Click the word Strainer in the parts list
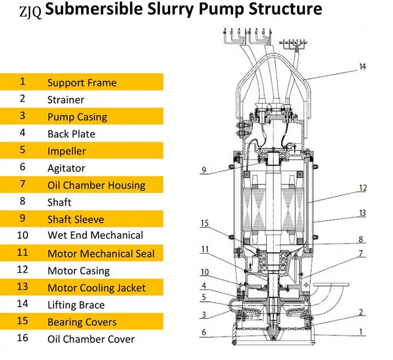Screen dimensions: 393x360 click(x=65, y=100)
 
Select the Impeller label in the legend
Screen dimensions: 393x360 click(x=67, y=151)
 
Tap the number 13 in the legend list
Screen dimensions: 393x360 click(x=23, y=286)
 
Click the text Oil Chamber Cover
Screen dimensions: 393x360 click(x=91, y=339)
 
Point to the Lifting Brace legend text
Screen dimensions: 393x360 click(x=76, y=305)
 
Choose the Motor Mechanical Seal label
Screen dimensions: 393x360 click(x=101, y=254)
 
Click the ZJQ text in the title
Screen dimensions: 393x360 click(x=30, y=12)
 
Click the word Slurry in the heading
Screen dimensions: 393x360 click(x=170, y=9)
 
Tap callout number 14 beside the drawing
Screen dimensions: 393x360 click(x=363, y=67)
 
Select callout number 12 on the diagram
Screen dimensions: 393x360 click(x=363, y=188)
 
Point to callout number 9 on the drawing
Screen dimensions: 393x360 click(x=204, y=170)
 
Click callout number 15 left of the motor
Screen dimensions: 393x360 click(x=204, y=223)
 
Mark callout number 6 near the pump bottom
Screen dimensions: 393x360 click(x=204, y=332)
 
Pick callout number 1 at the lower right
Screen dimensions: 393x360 click(x=361, y=332)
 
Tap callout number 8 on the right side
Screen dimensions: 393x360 click(x=361, y=239)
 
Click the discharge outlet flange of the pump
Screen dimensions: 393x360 click(x=331, y=285)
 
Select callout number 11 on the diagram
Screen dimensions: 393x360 click(x=205, y=249)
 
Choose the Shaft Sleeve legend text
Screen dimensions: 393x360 click(x=75, y=220)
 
